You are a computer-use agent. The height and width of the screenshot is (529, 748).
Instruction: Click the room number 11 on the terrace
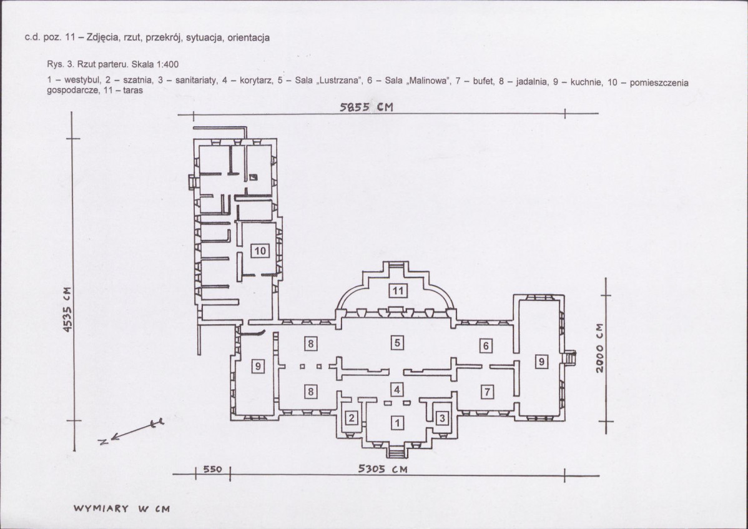pos(398,290)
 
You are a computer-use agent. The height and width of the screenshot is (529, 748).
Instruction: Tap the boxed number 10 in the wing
pos(260,250)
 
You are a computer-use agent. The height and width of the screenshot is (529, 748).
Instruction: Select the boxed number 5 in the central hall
pos(397,342)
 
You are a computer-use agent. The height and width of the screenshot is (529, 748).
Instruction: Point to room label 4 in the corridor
pos(397,390)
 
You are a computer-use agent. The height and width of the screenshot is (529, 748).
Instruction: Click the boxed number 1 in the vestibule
pos(397,422)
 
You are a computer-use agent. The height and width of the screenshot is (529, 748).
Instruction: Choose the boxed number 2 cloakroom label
pos(352,418)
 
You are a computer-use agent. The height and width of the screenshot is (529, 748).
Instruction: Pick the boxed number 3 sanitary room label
pos(442,418)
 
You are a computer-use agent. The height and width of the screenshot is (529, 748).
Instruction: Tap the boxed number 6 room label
pos(486,345)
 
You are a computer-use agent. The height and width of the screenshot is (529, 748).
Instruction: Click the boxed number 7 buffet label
pos(486,392)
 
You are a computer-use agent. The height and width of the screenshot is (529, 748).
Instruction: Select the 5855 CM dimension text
pos(367,107)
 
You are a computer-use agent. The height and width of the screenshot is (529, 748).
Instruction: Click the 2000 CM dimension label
pos(600,349)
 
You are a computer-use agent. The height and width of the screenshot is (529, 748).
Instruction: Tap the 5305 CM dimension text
pos(383,469)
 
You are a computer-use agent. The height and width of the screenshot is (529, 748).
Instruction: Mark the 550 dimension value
pos(212,469)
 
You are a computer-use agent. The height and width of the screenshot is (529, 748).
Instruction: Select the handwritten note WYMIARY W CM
pos(122,508)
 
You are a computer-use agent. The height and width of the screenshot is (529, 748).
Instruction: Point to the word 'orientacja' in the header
pos(249,37)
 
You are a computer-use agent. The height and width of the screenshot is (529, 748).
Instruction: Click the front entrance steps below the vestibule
pos(397,451)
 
